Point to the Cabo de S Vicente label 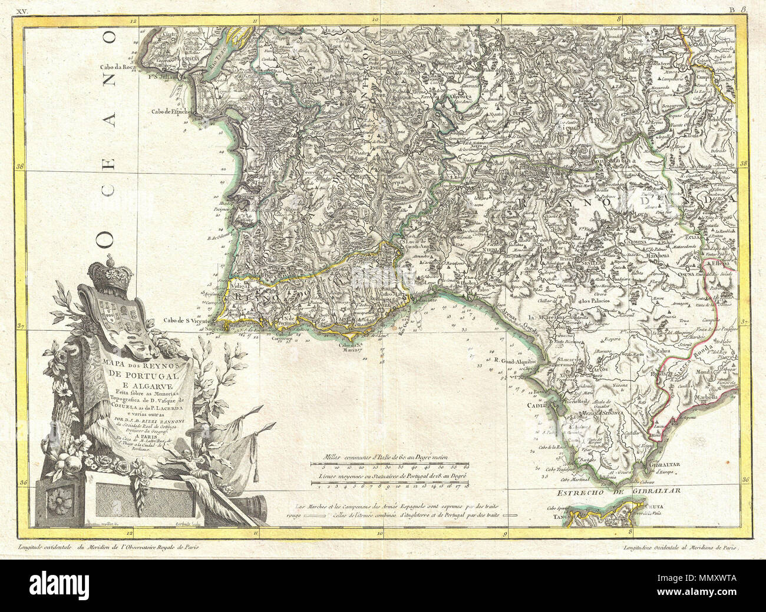(x=186, y=320)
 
